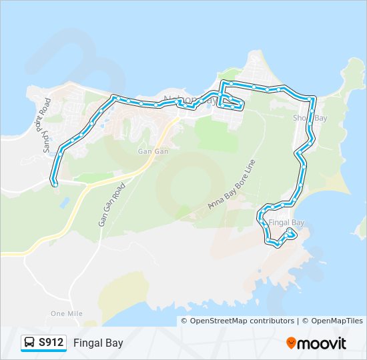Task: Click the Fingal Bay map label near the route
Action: coord(286,222)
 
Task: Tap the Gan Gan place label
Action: coord(153,151)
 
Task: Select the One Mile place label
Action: coord(66,313)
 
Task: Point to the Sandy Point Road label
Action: coord(46,126)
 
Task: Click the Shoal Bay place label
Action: coord(310,118)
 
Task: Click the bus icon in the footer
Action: coord(30,343)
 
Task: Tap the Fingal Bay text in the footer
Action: coord(98,343)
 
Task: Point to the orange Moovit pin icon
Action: coord(292,343)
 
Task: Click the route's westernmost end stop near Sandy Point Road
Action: coord(54,182)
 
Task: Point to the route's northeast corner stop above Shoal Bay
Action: coord(312,99)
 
